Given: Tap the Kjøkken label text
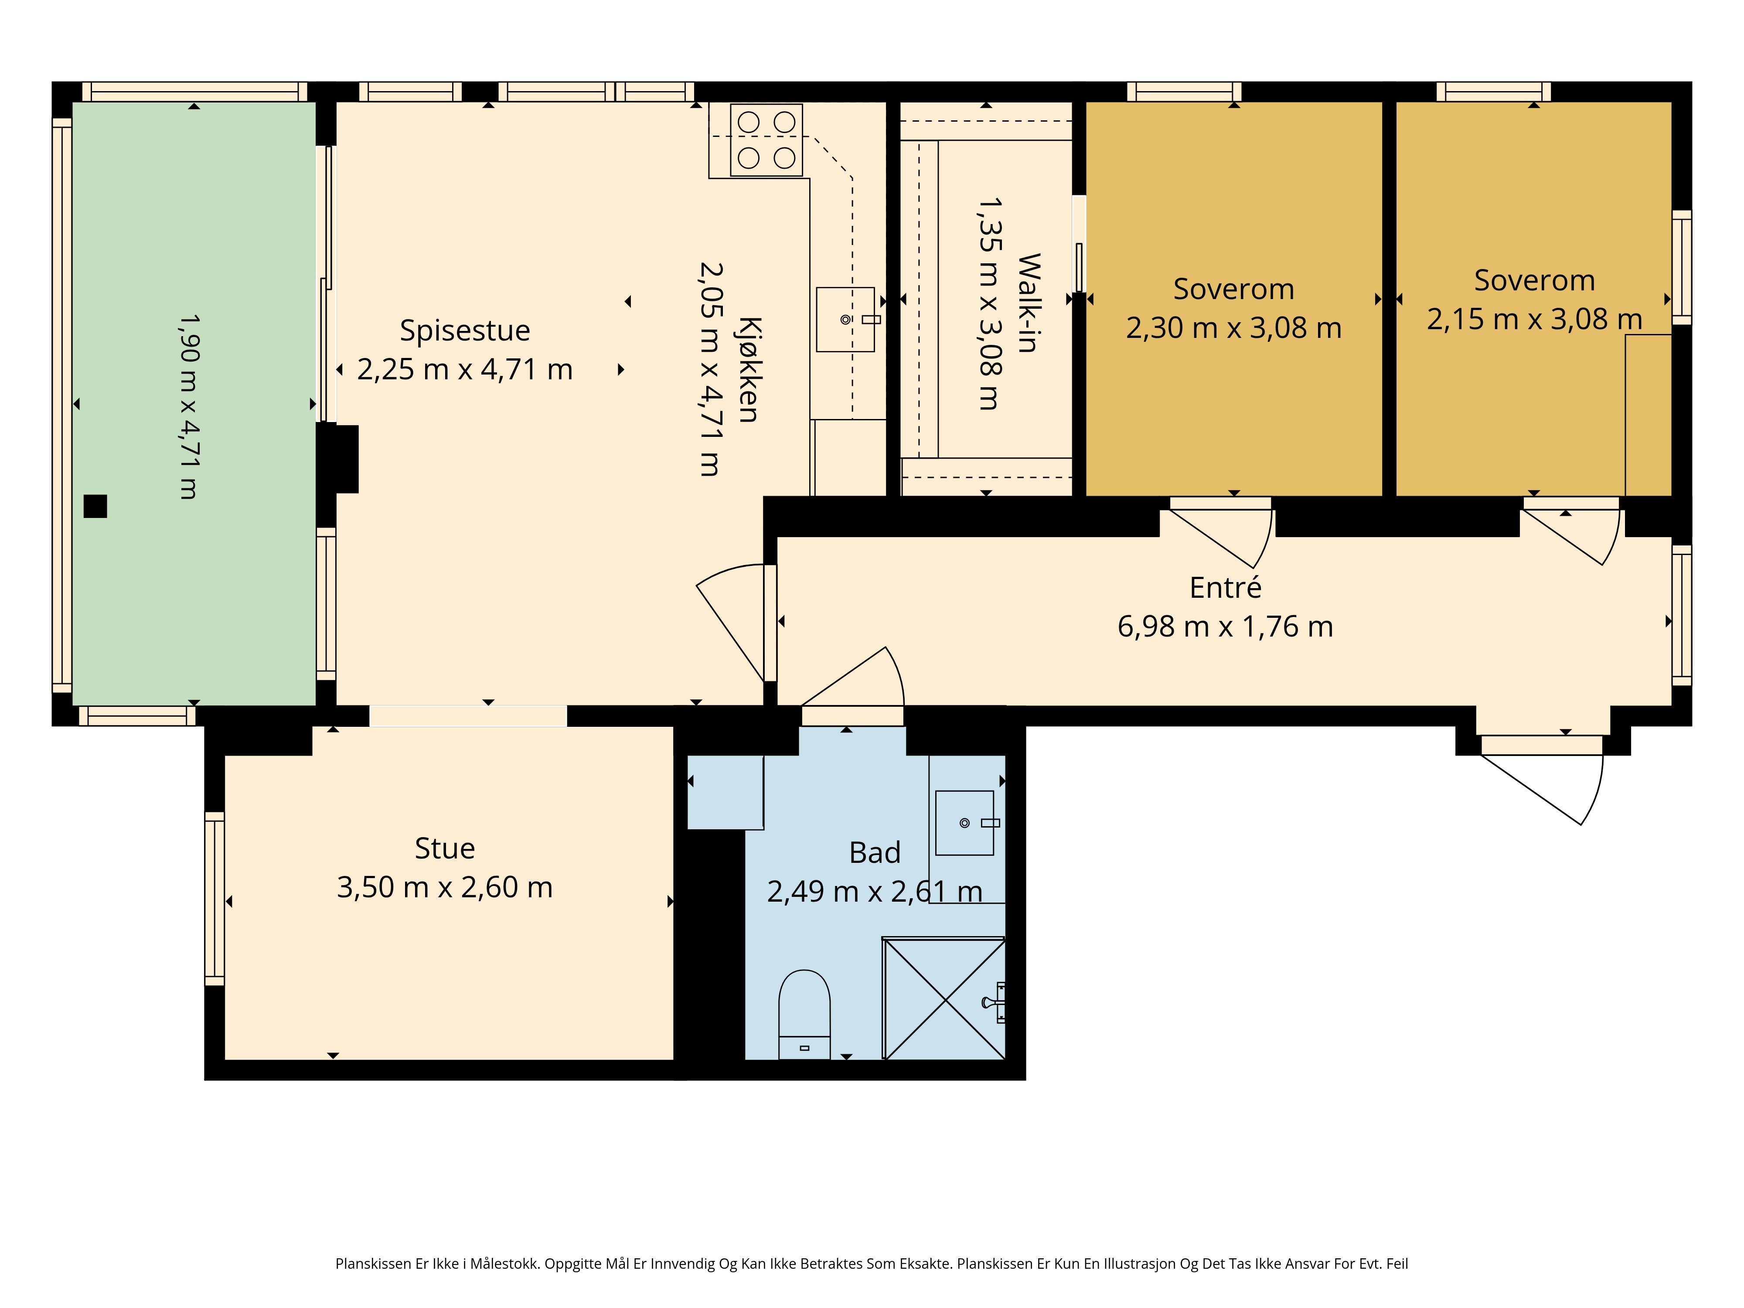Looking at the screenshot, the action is (749, 370).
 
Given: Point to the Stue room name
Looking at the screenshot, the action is (445, 848).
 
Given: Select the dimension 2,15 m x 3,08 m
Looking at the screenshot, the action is (1534, 319).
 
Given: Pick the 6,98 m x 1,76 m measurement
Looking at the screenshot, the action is (1225, 627).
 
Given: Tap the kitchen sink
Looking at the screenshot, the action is (846, 319).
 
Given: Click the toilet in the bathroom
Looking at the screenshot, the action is (804, 1014).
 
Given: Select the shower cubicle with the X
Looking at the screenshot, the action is (944, 998).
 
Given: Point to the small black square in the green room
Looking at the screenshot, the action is (95, 506).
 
